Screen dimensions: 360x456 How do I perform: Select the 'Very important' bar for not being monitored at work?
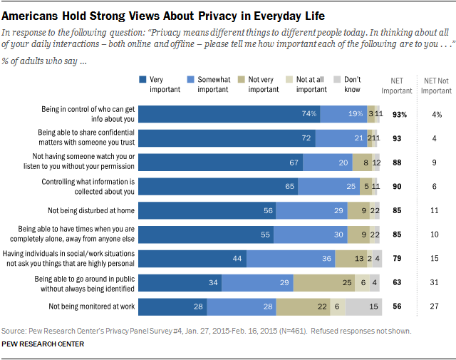[x=172, y=307]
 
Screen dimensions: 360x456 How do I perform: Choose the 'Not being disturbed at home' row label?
[x=88, y=210]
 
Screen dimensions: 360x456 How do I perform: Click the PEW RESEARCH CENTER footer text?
[x=43, y=344]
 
